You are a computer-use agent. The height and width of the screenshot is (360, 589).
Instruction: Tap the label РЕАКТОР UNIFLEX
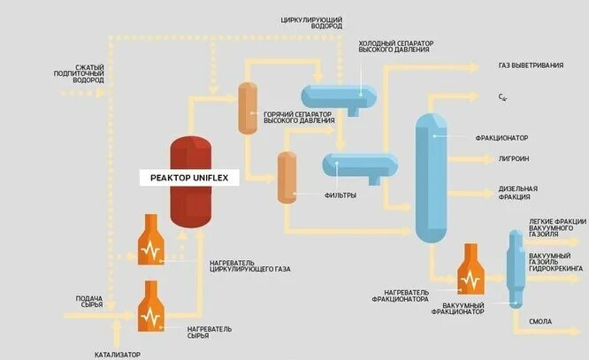(x=189, y=179)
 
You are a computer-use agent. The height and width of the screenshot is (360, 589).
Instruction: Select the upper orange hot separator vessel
(x=247, y=107)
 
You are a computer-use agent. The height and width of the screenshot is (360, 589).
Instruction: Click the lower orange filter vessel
(x=286, y=177)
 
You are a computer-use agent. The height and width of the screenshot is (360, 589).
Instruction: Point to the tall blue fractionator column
(x=432, y=177)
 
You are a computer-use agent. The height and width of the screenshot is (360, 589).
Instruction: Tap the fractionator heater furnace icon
(x=467, y=271)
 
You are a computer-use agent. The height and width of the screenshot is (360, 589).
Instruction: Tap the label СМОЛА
(x=540, y=322)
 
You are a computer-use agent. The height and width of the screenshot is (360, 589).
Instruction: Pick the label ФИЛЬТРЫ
(x=340, y=195)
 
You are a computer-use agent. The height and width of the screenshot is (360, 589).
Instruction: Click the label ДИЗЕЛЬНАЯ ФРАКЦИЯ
(x=518, y=193)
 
